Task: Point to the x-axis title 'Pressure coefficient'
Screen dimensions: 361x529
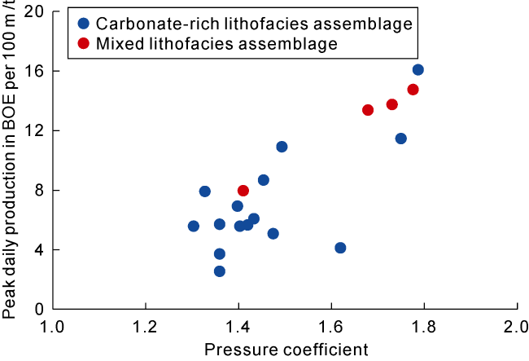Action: pos(285,350)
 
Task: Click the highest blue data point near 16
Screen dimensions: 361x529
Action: pos(418,70)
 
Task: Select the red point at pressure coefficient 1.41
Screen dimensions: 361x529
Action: pos(243,191)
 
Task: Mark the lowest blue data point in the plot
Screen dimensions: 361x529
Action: pos(220,271)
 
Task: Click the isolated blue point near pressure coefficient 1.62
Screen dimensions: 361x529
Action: pos(340,248)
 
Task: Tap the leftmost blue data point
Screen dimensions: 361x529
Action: pos(194,227)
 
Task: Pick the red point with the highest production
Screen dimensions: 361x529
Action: pos(413,90)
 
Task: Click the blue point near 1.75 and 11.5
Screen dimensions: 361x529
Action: pos(401,139)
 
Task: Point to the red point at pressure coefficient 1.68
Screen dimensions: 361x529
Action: pos(368,110)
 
